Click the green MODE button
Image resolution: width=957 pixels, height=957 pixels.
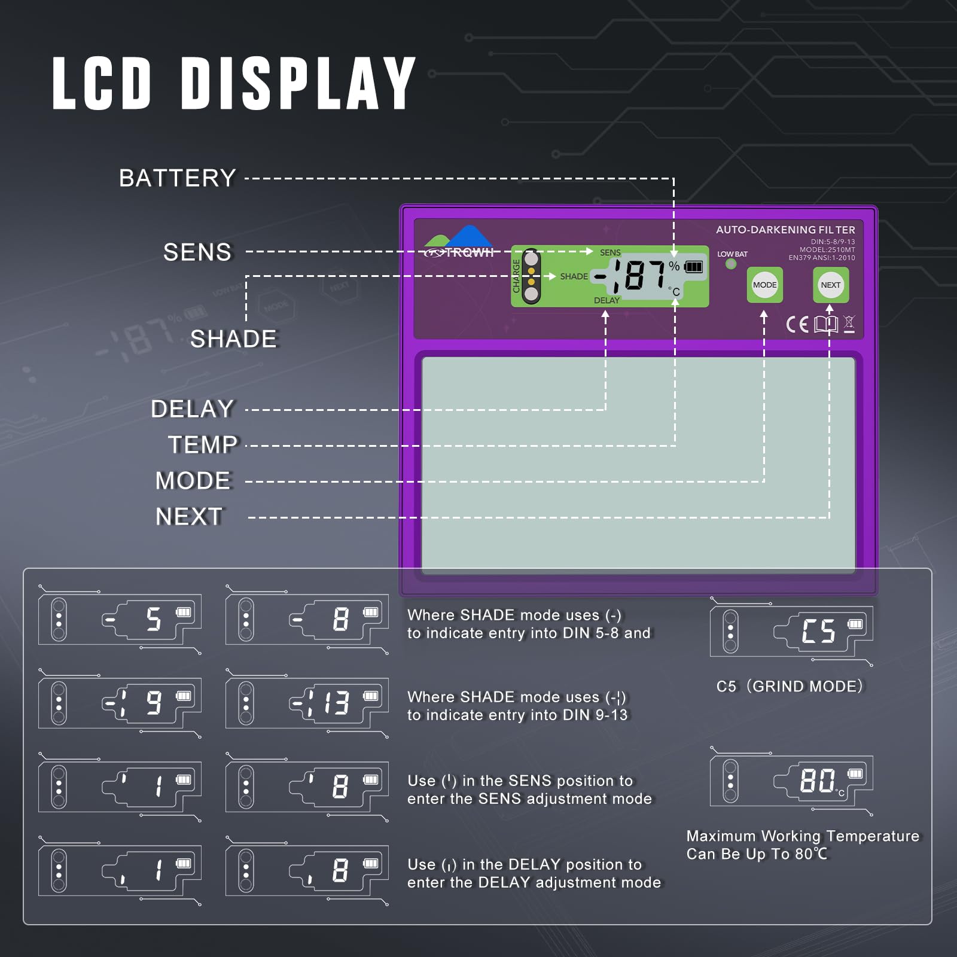coord(764,285)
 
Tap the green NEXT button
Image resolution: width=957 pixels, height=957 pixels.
coord(830,285)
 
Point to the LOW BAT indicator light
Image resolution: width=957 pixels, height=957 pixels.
coord(731,264)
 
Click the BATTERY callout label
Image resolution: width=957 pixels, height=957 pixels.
coord(178,178)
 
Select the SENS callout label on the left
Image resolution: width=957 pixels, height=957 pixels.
coord(197,252)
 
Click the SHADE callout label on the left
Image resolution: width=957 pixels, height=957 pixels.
coord(234,339)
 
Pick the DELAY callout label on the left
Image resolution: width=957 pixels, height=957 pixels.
coord(192,409)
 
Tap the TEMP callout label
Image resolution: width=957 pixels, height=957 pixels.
coord(203,445)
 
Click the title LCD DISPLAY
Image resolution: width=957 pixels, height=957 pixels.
coord(234,83)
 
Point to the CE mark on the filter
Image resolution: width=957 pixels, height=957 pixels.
coord(797,325)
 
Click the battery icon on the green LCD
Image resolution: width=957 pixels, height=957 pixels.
coord(694,266)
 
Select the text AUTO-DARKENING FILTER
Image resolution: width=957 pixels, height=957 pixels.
coord(785,230)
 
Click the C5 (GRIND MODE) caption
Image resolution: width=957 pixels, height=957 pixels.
coord(790,686)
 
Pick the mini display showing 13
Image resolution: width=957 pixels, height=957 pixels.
coord(307,703)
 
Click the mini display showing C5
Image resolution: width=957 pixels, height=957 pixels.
coord(791,632)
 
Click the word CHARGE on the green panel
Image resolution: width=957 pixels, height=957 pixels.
coord(516,276)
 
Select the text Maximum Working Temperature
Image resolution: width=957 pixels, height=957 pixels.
coord(803,836)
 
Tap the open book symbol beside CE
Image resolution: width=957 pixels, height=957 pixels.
coord(826,325)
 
